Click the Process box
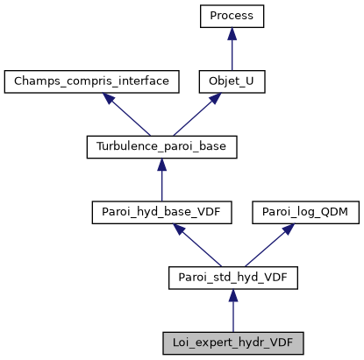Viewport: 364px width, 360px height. [232, 16]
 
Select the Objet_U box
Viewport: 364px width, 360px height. [232, 81]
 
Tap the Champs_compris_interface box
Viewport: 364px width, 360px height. [92, 81]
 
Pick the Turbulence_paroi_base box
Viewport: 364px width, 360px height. [162, 147]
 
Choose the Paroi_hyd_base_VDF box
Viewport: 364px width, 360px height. [162, 213]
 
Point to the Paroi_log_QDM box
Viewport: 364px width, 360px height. [301, 213]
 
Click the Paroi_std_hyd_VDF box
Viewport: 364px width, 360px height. [232, 279]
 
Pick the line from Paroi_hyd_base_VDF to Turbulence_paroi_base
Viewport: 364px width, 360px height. [162, 184]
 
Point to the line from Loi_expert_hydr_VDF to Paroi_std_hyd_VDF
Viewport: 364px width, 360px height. [232, 315]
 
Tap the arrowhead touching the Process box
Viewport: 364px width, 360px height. [232, 33]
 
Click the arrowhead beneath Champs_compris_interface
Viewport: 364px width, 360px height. [111, 99]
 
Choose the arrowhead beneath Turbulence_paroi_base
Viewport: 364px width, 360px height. [162, 166]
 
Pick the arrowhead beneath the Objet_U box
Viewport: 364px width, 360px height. [212, 99]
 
